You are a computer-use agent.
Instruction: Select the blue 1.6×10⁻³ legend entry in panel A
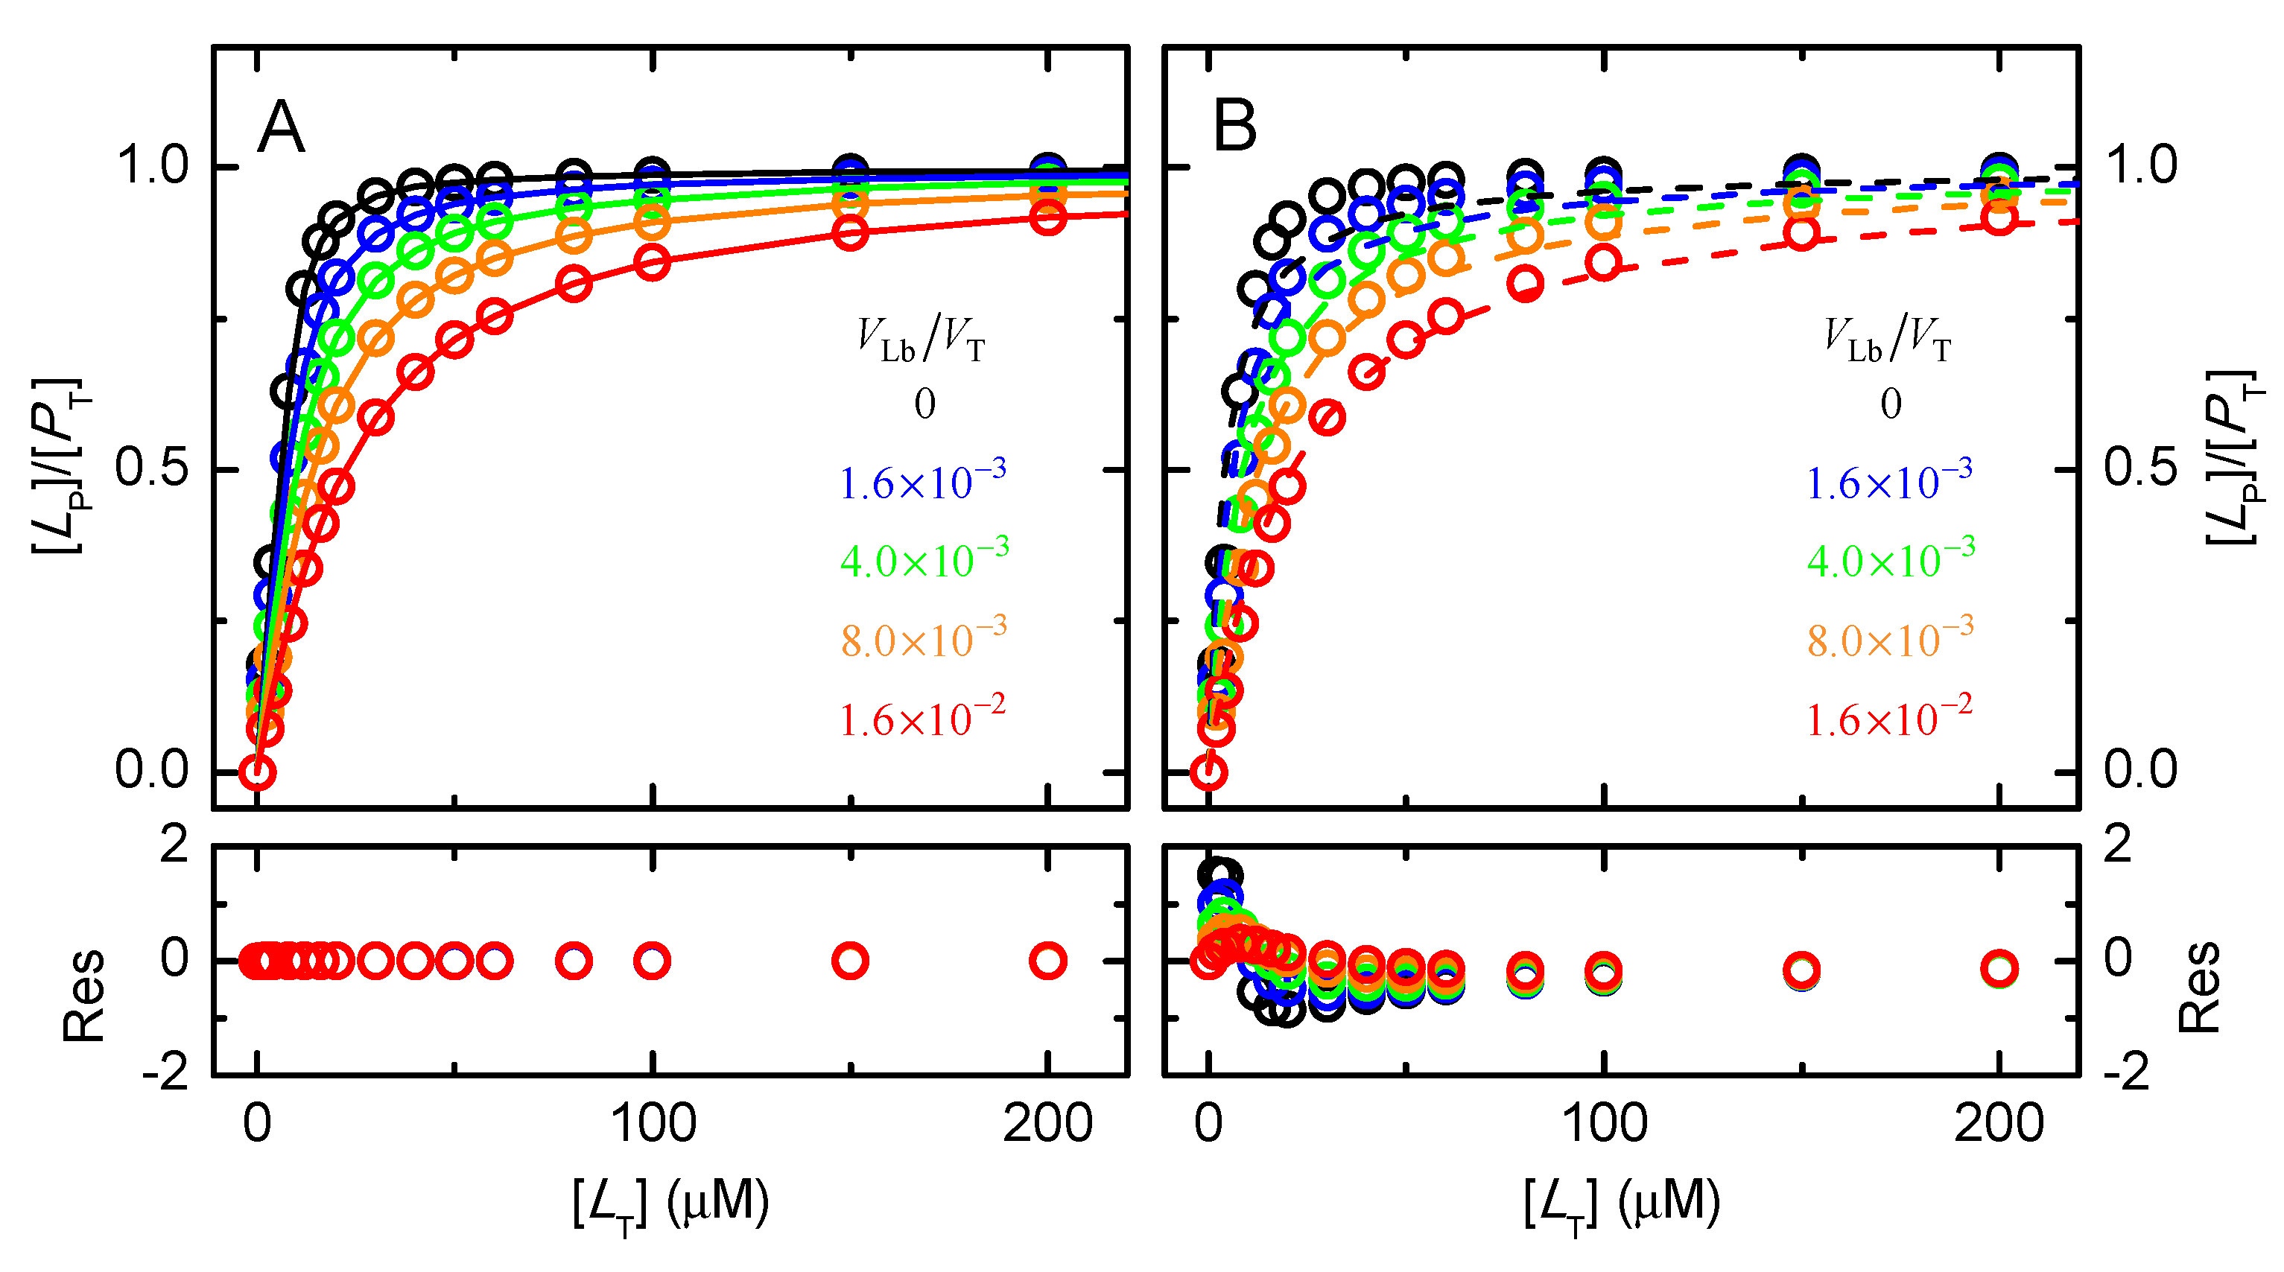click(922, 481)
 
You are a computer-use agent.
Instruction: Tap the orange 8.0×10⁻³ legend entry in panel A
click(923, 639)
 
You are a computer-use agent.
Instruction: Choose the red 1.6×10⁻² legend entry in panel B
click(1889, 718)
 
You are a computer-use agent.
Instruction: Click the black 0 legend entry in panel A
click(924, 404)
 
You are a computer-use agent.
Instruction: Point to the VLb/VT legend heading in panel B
click(1888, 340)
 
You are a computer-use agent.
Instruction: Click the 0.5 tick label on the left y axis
click(152, 468)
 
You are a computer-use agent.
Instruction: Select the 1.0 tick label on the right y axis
click(2140, 166)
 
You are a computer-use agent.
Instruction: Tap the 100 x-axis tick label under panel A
click(653, 1124)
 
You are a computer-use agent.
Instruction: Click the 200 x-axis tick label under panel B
click(1999, 1124)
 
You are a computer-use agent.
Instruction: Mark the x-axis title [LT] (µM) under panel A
click(670, 1203)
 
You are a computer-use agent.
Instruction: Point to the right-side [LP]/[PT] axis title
click(2232, 457)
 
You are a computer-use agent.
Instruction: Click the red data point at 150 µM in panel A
click(850, 233)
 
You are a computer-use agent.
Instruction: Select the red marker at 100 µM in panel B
click(1604, 264)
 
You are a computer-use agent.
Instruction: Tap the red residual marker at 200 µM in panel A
click(1048, 960)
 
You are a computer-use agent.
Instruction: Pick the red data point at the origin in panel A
click(257, 772)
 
